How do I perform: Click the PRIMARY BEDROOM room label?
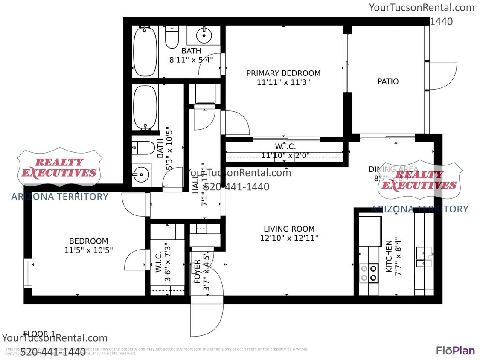pyautogui.click(x=283, y=73)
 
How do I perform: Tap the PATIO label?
pyautogui.click(x=388, y=81)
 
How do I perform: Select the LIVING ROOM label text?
pyautogui.click(x=289, y=229)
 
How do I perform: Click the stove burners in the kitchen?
pyautogui.click(x=369, y=273)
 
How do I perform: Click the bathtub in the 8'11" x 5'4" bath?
pyautogui.click(x=145, y=51)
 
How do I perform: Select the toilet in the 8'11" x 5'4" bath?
pyautogui.click(x=172, y=38)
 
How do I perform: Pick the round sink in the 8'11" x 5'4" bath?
pyautogui.click(x=204, y=35)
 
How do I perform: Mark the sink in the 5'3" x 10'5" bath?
pyautogui.click(x=141, y=174)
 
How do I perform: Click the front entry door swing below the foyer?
pyautogui.click(x=207, y=320)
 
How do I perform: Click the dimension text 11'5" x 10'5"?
pyautogui.click(x=89, y=250)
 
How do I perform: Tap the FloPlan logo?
pyautogui.click(x=455, y=350)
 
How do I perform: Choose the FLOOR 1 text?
pyautogui.click(x=39, y=334)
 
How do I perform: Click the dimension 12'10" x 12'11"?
pyautogui.click(x=289, y=238)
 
